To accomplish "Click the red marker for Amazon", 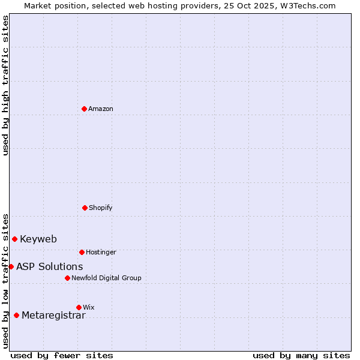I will click(x=84, y=109).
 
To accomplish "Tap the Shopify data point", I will click(x=85, y=208).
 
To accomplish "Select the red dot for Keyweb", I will click(x=14, y=239).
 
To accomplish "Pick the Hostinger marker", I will click(x=82, y=252).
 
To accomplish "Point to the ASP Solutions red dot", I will click(x=11, y=266).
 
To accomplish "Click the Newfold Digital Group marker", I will click(x=67, y=278).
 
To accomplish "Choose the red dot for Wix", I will click(x=79, y=307).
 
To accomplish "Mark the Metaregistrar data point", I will click(x=16, y=315).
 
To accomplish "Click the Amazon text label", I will click(x=101, y=109).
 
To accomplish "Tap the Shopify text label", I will click(x=101, y=208).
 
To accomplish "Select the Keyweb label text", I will click(x=38, y=239).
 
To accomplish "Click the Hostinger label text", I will click(x=101, y=252).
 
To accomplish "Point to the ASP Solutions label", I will click(x=50, y=266).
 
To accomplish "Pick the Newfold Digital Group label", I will click(x=106, y=278).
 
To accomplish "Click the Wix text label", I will click(x=89, y=307).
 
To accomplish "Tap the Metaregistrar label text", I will click(x=53, y=316).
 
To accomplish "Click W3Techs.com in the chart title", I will click(x=306, y=5).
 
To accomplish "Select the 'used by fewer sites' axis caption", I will click(x=62, y=355).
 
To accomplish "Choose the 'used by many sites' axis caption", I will click(x=301, y=355).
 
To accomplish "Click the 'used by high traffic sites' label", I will click(x=5, y=85).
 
